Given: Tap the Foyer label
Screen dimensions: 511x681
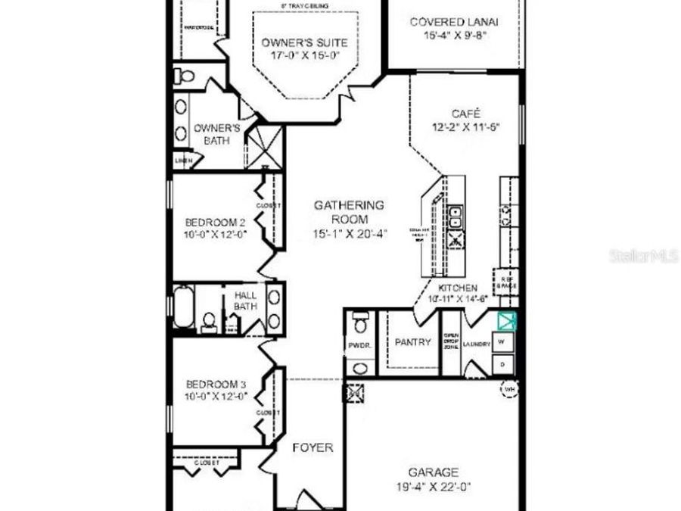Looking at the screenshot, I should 313,447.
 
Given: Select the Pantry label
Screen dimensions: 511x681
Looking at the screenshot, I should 412,342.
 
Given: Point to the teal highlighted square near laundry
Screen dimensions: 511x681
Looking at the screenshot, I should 505,321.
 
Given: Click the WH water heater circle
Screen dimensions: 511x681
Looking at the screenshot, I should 509,388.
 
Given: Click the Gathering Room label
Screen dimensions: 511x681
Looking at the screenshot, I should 349,211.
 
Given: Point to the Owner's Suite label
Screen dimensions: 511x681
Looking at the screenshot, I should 294,42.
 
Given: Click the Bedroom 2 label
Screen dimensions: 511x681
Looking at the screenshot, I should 215,223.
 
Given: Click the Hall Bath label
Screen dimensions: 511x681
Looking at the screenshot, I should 245,301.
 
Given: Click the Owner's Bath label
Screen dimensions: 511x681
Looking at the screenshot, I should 217,133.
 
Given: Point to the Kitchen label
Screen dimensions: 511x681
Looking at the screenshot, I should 458,288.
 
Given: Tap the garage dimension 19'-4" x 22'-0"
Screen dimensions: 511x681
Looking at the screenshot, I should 433,487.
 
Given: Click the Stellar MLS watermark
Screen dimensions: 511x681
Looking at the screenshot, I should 643,256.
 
